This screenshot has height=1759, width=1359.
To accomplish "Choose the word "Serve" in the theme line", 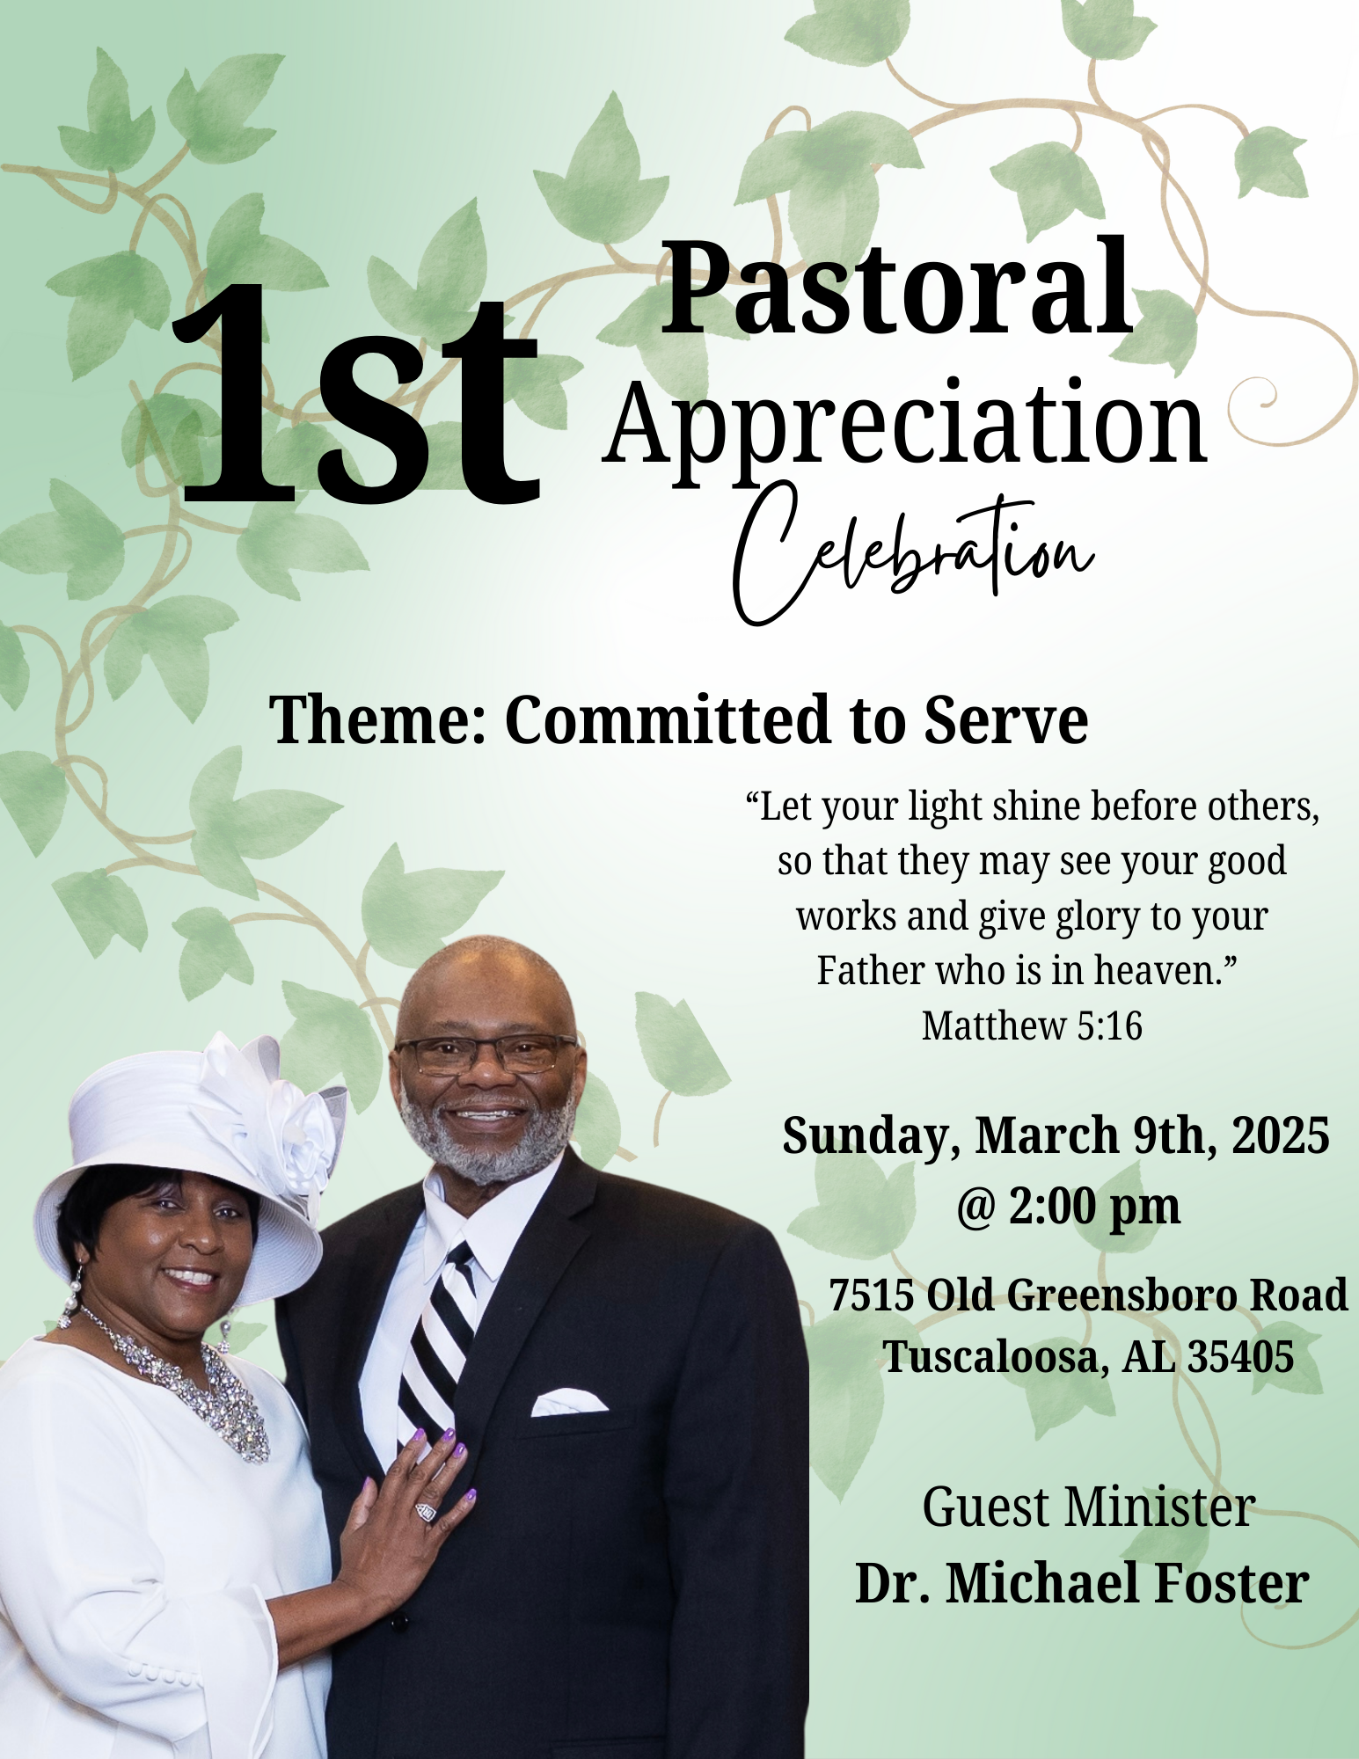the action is pyautogui.click(x=1006, y=720).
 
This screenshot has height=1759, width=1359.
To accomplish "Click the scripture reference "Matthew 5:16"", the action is pyautogui.click(x=1032, y=1025).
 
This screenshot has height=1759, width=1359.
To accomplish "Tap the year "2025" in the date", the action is pyautogui.click(x=1281, y=1135).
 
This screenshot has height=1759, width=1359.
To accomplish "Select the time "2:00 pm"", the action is pyautogui.click(x=1094, y=1206).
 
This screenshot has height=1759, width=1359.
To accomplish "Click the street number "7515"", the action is pyautogui.click(x=871, y=1295).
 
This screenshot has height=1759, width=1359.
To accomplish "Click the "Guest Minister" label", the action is pyautogui.click(x=1088, y=1507).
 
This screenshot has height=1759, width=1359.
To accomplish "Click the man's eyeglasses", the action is pyautogui.click(x=486, y=1054).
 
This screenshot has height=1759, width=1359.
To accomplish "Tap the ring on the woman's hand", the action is pyautogui.click(x=427, y=1512).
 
